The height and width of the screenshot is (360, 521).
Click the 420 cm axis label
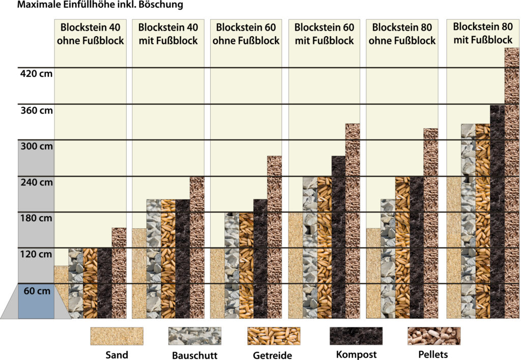point(35,74)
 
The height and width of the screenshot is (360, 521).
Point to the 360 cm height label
point(35,110)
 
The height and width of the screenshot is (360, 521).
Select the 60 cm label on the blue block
point(37,291)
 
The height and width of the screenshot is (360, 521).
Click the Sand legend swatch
point(117,336)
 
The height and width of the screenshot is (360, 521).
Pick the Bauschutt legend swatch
point(195,336)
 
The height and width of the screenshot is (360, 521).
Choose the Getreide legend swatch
point(274,336)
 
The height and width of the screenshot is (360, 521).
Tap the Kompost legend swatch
point(356,336)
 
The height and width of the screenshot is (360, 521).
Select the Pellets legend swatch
point(433,336)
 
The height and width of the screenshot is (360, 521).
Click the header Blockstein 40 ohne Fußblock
point(92,34)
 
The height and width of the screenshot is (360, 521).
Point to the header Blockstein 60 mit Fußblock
point(324,34)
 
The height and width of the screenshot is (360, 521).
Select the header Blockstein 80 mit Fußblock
point(482,33)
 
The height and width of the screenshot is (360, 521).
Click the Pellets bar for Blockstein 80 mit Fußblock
point(511,183)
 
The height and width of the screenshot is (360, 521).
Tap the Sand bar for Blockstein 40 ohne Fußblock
point(61,292)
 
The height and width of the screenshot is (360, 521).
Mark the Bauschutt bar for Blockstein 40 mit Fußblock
point(154,259)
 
